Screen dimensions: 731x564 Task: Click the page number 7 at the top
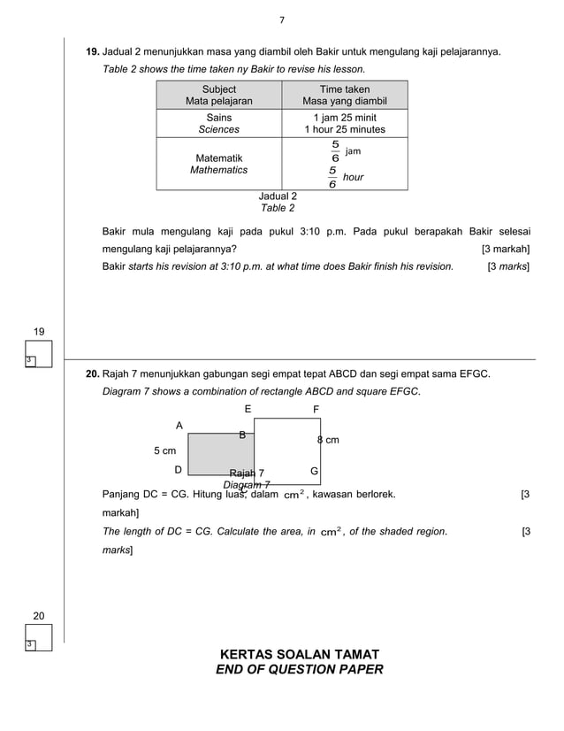(281, 20)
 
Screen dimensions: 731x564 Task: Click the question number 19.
(93, 52)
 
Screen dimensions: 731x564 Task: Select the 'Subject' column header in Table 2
(218, 89)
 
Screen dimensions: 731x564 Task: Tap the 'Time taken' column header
(345, 89)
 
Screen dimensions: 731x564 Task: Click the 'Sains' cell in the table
(218, 117)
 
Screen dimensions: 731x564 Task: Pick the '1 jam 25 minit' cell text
(345, 117)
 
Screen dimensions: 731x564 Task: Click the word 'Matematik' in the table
(218, 158)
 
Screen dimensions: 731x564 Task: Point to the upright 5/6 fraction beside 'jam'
(335, 151)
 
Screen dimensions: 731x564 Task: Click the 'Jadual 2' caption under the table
(277, 196)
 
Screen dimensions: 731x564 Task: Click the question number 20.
(93, 374)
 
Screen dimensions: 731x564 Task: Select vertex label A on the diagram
(179, 426)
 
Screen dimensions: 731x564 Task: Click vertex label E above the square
(248, 409)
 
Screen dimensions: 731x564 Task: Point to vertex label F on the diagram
(316, 409)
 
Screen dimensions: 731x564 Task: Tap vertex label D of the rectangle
(179, 470)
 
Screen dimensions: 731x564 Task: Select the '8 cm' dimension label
(328, 439)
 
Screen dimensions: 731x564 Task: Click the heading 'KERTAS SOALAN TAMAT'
(299, 654)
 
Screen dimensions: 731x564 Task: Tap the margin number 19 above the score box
(39, 331)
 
